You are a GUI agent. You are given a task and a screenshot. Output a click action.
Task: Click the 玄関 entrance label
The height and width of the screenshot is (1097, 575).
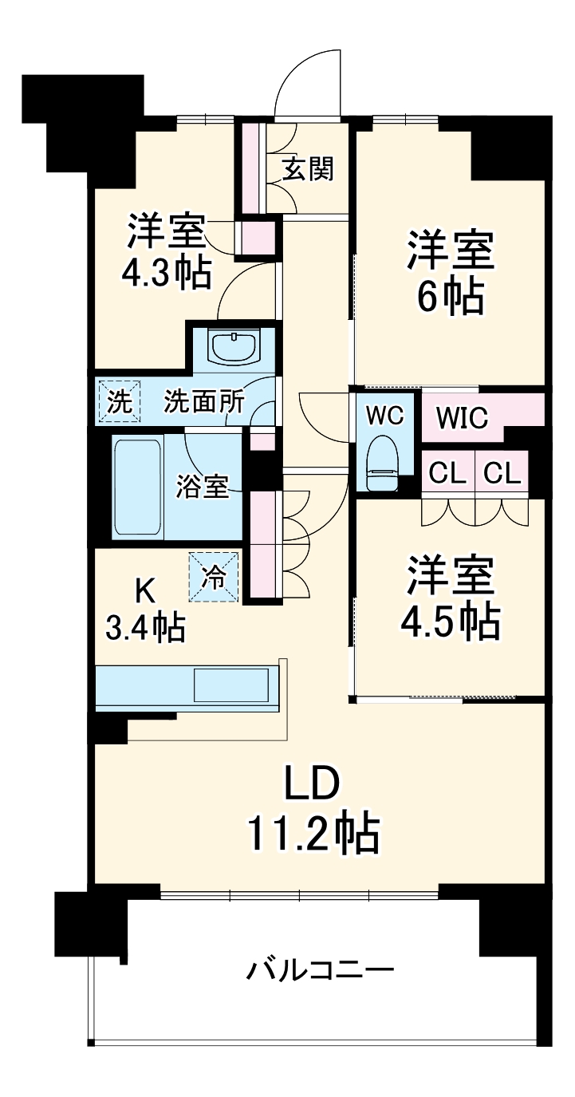[307, 169]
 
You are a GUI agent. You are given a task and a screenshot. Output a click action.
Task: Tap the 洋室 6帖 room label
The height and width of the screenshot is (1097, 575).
[451, 273]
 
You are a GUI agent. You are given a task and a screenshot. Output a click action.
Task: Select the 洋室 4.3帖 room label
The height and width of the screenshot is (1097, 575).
[167, 251]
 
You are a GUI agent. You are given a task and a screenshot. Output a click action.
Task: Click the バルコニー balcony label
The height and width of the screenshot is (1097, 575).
[320, 971]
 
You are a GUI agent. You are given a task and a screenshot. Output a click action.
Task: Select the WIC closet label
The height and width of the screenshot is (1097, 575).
[463, 418]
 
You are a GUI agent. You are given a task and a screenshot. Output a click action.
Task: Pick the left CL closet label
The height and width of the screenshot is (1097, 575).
[447, 474]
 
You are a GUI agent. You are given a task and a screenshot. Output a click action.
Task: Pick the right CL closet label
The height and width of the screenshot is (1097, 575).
[502, 474]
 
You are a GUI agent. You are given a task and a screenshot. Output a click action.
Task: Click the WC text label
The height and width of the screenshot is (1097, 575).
[384, 415]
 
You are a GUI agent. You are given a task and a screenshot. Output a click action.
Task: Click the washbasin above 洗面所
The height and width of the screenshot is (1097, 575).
[233, 346]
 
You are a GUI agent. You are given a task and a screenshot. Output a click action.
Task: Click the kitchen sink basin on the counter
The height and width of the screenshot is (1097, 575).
[230, 685]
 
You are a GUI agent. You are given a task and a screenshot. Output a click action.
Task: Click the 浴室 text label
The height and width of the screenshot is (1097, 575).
[203, 486]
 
